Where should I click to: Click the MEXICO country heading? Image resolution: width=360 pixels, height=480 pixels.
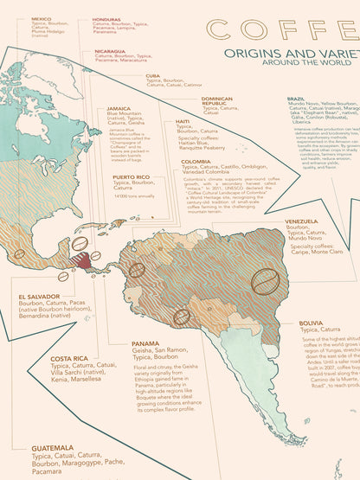pos(42,18)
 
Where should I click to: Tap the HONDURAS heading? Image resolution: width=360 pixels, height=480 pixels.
pos(107,18)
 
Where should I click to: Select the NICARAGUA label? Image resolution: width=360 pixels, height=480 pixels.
pos(111,51)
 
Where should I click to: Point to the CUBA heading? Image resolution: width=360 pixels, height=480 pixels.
pos(153,76)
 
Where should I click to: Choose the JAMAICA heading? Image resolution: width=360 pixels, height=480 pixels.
pos(119,108)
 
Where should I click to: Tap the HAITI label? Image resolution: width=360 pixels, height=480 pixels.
pos(183,121)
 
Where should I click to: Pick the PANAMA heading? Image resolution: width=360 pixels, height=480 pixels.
pos(145,343)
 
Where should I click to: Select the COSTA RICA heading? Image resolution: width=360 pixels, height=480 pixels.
pos(68,358)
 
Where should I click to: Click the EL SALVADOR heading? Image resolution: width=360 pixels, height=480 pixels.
pos(38,296)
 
